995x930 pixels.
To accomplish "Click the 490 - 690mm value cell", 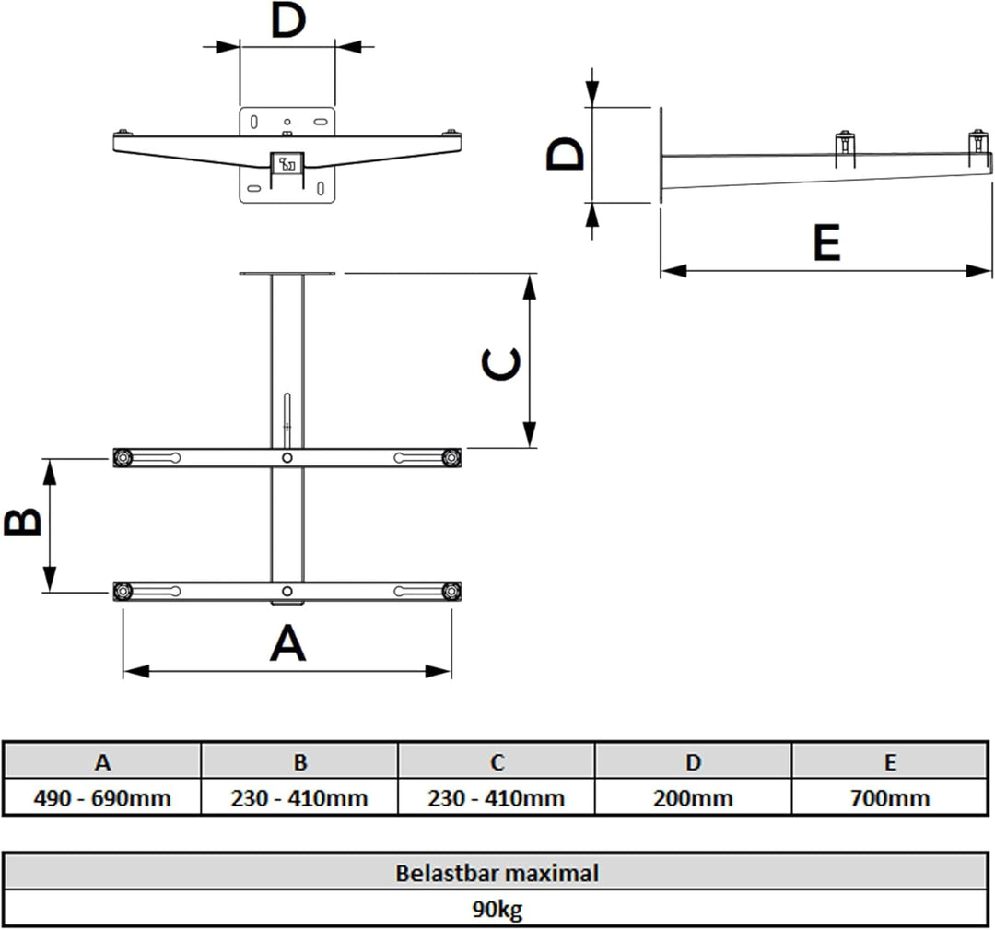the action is [102, 797].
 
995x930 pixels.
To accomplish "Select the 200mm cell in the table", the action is [693, 797].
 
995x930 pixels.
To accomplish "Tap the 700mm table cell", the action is [890, 797].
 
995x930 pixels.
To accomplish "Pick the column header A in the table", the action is [102, 761].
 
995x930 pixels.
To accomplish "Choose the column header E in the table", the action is [890, 761].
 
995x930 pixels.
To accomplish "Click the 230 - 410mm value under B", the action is [298, 797].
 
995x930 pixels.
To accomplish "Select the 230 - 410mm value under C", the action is [497, 797].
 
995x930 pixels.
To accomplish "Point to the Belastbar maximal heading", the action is [497, 873].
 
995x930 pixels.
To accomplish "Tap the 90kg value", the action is [497, 909].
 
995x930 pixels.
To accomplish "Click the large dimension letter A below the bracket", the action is [288, 642].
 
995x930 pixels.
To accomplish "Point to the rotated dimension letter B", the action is [23, 522].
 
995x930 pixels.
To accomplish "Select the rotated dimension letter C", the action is [501, 364].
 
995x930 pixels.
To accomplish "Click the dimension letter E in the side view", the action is [826, 241].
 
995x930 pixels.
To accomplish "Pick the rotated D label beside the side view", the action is [565, 155].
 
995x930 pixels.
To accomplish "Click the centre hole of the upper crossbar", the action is [287, 458].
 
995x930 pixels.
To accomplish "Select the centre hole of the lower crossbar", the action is [287, 591].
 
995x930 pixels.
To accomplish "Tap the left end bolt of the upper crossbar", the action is [123, 458].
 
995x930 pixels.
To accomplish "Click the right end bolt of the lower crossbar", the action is [451, 592].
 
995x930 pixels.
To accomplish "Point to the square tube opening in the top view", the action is [287, 163].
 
